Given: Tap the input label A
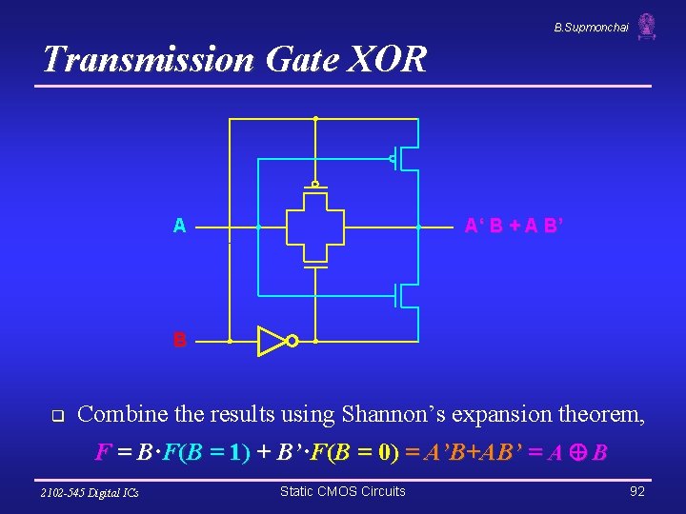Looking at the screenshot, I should (179, 227).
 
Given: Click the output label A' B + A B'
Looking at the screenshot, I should (516, 227).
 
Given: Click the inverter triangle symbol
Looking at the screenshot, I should (271, 340).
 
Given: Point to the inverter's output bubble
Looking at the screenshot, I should (293, 341).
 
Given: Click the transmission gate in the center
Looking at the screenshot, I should (314, 227).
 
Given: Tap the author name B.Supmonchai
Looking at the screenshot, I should (591, 28).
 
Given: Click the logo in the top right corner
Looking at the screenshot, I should (647, 26).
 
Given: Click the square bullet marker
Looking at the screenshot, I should (56, 416).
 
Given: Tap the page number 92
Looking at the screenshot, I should (637, 491).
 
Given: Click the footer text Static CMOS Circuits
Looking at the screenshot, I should (342, 491).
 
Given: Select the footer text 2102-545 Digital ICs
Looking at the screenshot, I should (90, 492).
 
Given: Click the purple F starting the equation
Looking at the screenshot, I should (102, 452).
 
